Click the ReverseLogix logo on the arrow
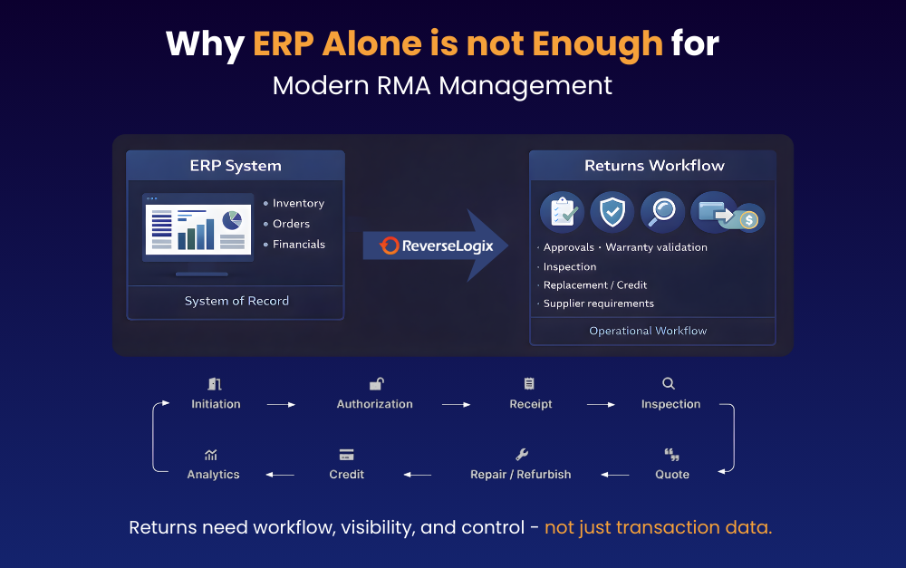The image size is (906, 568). pyautogui.click(x=437, y=245)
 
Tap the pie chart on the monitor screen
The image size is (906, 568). pyautogui.click(x=232, y=219)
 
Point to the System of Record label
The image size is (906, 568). pyautogui.click(x=236, y=301)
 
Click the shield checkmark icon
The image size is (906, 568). pyautogui.click(x=612, y=212)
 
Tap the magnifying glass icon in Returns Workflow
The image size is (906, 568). pyautogui.click(x=662, y=212)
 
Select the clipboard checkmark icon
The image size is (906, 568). pyautogui.click(x=563, y=212)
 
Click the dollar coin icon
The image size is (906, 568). pyautogui.click(x=749, y=219)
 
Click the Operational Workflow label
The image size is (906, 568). pyautogui.click(x=648, y=331)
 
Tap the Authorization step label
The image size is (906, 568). pyautogui.click(x=375, y=404)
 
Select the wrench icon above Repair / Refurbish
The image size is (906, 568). pyautogui.click(x=522, y=454)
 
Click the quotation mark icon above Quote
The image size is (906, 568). pyautogui.click(x=671, y=454)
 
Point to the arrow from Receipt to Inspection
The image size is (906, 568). pyautogui.click(x=601, y=404)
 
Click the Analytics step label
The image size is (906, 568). pyautogui.click(x=213, y=475)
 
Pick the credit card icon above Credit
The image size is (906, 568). pyautogui.click(x=347, y=455)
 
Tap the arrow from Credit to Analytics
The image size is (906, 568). pyautogui.click(x=280, y=475)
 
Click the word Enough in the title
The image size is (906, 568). pyautogui.click(x=597, y=43)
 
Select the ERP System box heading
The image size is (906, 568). pyautogui.click(x=236, y=166)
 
